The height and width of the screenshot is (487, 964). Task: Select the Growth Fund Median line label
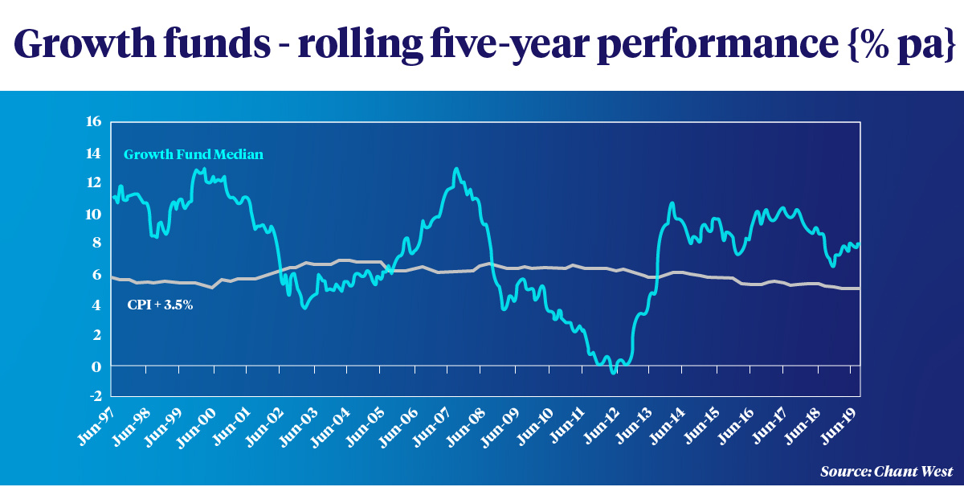pyautogui.click(x=194, y=154)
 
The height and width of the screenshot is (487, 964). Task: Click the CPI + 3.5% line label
pyautogui.click(x=161, y=305)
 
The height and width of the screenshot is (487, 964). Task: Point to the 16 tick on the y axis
pyautogui.click(x=94, y=122)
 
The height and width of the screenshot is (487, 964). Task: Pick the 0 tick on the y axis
pyautogui.click(x=97, y=366)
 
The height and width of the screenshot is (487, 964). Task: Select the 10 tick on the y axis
pyautogui.click(x=94, y=214)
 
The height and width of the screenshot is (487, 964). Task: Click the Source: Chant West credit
pyautogui.click(x=887, y=471)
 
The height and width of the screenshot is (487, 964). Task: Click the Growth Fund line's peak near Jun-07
pyautogui.click(x=456, y=169)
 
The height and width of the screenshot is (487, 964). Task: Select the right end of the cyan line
pyautogui.click(x=859, y=244)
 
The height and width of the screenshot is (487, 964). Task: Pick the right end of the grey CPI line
pyautogui.click(x=859, y=289)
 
